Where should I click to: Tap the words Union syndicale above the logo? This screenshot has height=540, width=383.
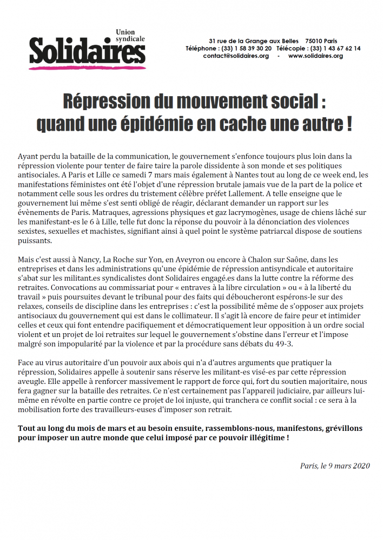pyautogui.click(x=131, y=36)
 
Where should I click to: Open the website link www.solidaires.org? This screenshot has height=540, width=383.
pyautogui.click(x=315, y=56)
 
